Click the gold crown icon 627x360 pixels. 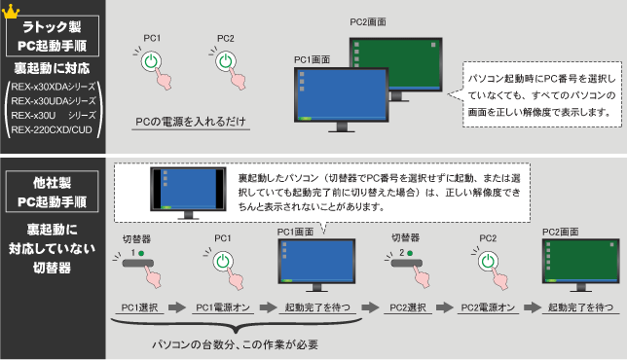(x=13, y=11)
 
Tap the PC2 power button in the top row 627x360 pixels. (x=225, y=61)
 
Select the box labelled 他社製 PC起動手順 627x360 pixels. (x=52, y=192)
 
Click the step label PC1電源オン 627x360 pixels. (x=224, y=307)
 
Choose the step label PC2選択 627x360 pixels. (x=403, y=307)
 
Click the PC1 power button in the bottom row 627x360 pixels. (x=224, y=262)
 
